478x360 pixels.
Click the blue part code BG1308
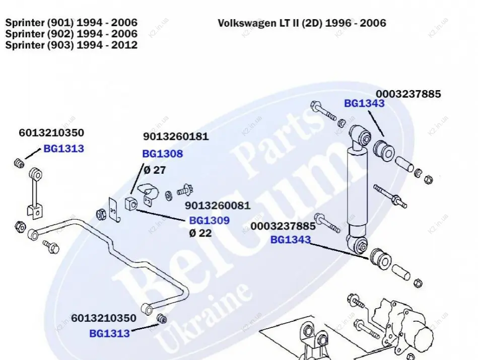162,154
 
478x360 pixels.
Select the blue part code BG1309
209,221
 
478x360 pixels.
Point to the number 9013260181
175,136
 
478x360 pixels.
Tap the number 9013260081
217,205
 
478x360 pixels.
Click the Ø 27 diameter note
155,170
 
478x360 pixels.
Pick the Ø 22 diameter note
200,233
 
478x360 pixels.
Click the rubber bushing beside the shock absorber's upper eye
384,150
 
